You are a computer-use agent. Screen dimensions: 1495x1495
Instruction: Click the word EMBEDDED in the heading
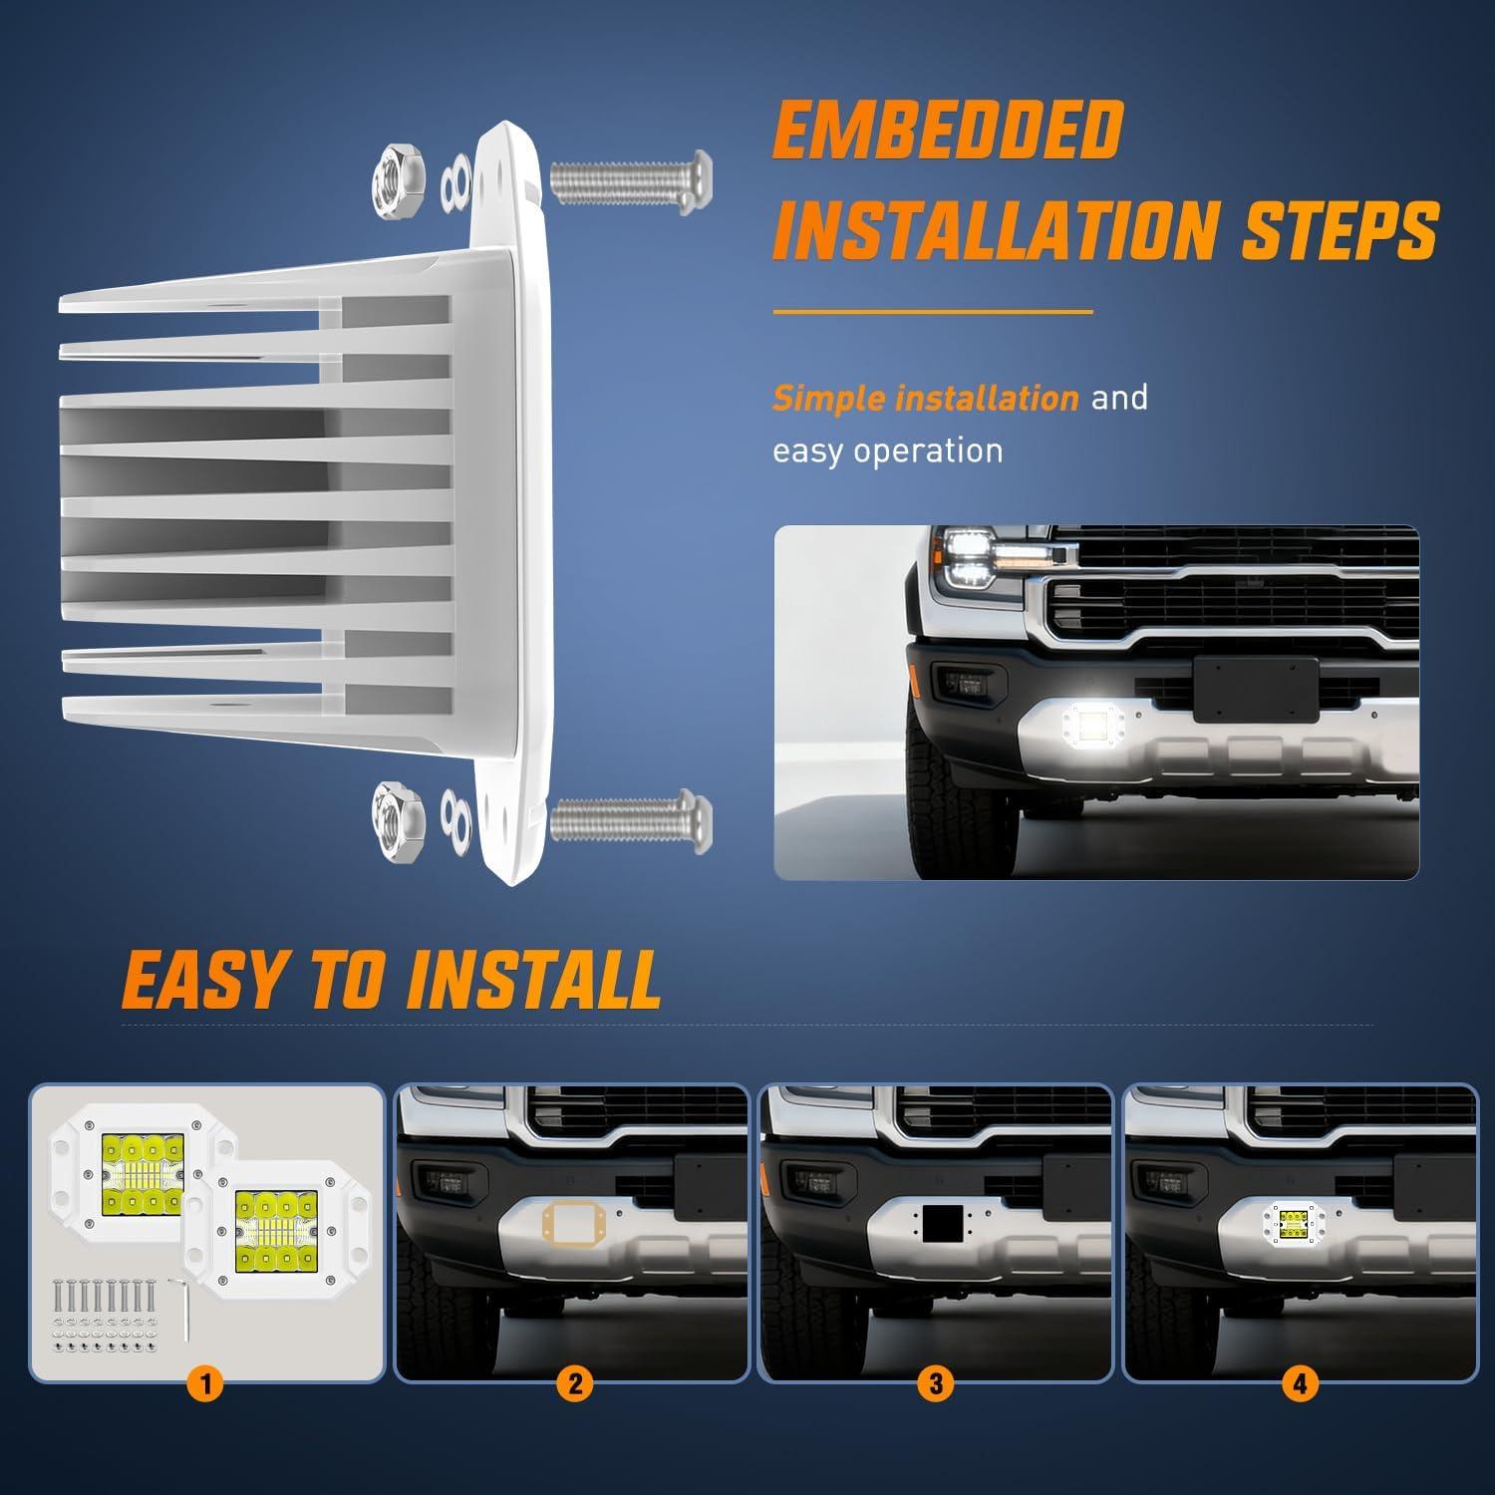[948, 130]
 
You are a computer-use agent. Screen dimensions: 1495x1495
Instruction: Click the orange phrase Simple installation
[926, 399]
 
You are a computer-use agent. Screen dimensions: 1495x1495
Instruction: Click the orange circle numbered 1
[205, 1384]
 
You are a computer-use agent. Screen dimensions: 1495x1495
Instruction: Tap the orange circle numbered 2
[575, 1384]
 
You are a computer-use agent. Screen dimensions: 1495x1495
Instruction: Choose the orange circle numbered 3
[936, 1384]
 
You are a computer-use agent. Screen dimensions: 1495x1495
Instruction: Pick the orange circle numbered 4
[1300, 1384]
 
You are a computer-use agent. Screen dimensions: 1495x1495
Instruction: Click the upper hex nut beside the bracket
[398, 182]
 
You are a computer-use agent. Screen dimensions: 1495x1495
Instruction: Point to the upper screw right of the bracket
[631, 182]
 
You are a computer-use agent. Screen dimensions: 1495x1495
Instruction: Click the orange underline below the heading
[933, 312]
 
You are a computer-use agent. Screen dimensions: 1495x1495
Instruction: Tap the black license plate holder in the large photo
[1256, 690]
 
